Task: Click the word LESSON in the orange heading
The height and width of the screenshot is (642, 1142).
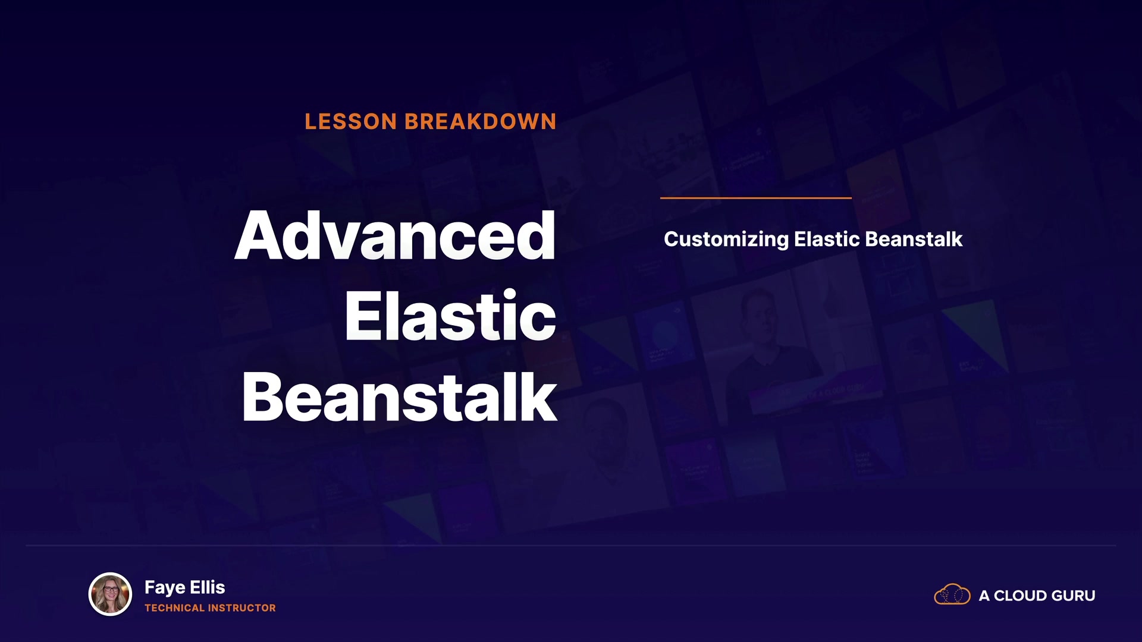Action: (x=351, y=122)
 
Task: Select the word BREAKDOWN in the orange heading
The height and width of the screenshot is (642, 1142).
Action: (x=481, y=122)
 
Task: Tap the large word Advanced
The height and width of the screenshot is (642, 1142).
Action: (x=396, y=235)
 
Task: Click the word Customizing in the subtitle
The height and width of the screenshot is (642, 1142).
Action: (x=726, y=240)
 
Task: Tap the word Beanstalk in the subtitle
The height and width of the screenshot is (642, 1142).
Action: (x=914, y=239)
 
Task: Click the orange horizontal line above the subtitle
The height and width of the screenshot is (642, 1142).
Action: (x=756, y=198)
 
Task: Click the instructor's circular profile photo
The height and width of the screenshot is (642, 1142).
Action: (x=110, y=594)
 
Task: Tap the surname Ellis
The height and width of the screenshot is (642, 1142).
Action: (x=208, y=587)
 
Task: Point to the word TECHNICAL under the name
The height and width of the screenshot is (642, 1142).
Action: (x=175, y=608)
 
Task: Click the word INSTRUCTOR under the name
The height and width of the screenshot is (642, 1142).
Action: (x=243, y=608)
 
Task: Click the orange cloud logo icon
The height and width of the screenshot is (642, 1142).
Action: (x=952, y=594)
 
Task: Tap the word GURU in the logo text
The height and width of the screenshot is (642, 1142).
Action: (x=1073, y=596)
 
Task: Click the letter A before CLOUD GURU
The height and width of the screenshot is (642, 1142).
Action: (x=984, y=596)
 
